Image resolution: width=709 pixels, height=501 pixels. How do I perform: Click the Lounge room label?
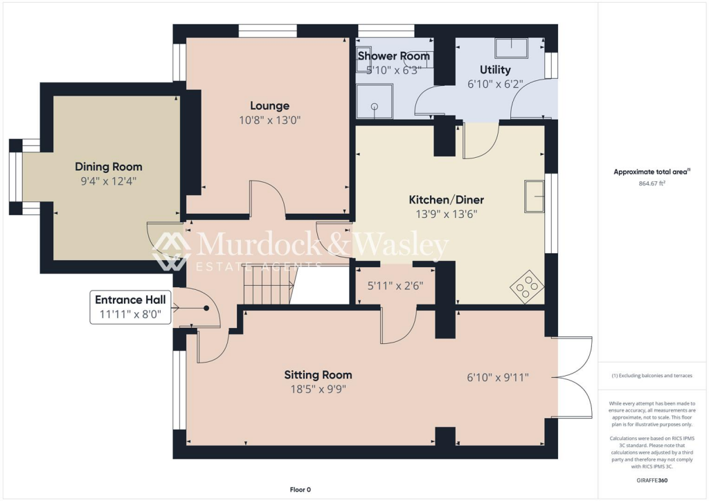(x=270, y=106)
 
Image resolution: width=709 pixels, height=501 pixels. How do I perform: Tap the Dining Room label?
(x=108, y=167)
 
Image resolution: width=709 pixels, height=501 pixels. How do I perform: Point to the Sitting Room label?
(x=318, y=375)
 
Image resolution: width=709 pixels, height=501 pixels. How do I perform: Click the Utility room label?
(x=495, y=70)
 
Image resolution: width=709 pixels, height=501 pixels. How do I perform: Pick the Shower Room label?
(x=393, y=56)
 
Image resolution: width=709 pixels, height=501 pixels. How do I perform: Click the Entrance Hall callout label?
(x=130, y=300)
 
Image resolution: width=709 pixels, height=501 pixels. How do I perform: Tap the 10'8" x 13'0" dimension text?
(x=270, y=120)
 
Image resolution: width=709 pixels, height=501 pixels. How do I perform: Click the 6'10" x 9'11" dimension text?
(x=498, y=378)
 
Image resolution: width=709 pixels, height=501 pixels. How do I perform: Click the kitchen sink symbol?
(x=534, y=196)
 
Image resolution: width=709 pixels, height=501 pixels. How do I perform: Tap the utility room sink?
(x=511, y=48)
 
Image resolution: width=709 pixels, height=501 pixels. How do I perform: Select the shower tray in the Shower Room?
(x=374, y=103)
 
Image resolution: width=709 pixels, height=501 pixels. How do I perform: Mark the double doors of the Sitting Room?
(x=574, y=377)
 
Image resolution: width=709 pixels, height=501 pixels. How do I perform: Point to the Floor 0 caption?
(x=300, y=490)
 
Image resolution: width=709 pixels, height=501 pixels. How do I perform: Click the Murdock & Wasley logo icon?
(x=171, y=251)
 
